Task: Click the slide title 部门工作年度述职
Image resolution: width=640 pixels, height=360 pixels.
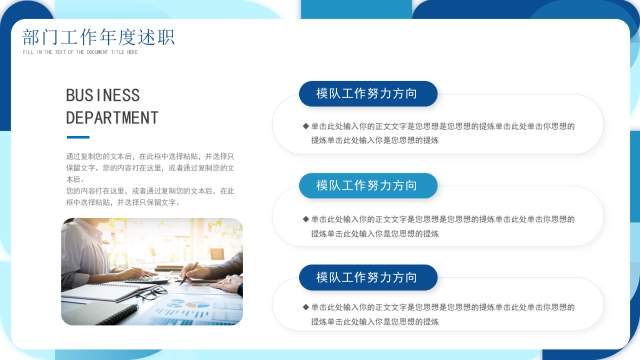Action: (x=99, y=37)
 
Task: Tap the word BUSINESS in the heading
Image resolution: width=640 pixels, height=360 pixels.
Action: (x=103, y=95)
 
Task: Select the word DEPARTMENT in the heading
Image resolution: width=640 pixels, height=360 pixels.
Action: (x=112, y=117)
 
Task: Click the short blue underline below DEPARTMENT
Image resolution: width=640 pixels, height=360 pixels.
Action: (x=77, y=137)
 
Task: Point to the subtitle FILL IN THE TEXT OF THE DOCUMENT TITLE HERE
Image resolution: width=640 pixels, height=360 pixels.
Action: (x=80, y=52)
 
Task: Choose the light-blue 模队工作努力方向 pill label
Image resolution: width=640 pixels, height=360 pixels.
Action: (x=367, y=186)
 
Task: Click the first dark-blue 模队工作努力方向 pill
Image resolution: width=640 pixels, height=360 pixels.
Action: (x=367, y=94)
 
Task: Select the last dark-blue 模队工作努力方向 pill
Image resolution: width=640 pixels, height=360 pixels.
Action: (x=367, y=277)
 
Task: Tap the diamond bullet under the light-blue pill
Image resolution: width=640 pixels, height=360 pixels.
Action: (x=306, y=219)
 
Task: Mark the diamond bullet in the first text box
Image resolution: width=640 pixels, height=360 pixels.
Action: (x=306, y=126)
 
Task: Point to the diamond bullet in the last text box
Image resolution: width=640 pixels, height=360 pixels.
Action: (x=306, y=307)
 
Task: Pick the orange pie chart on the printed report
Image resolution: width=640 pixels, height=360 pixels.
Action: (x=191, y=305)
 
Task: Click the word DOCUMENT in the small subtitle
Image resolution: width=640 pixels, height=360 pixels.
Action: (x=97, y=52)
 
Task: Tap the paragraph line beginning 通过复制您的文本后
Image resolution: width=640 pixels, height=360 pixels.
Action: (x=150, y=156)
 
